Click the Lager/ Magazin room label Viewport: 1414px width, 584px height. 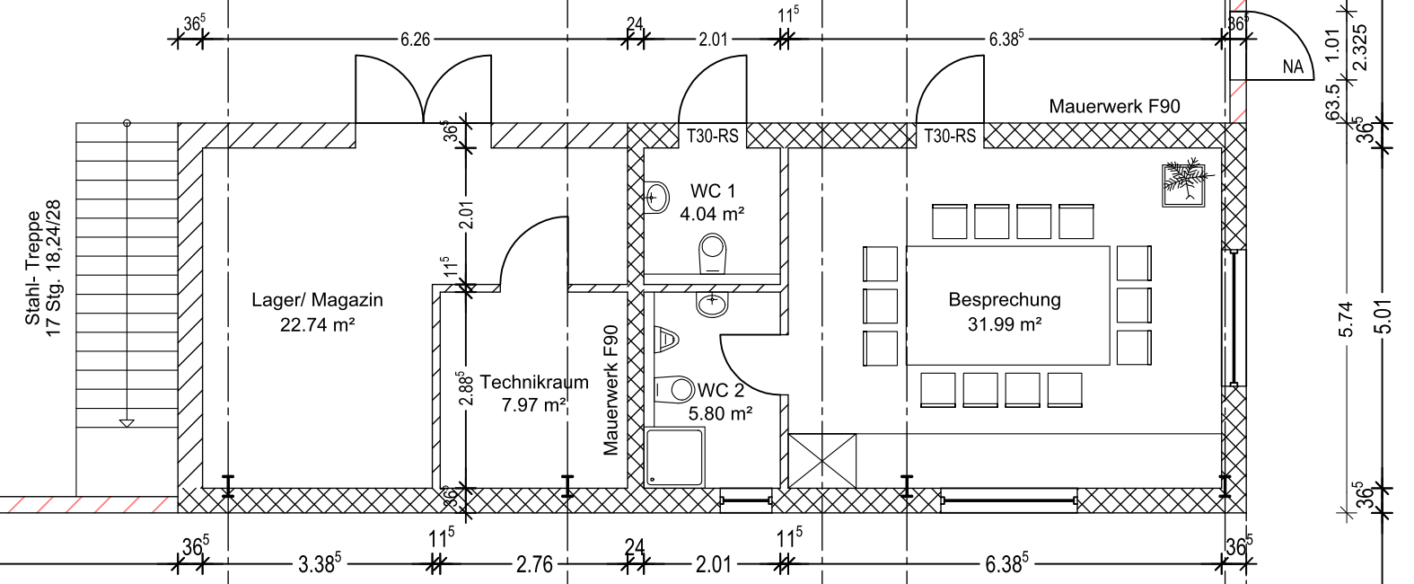317,300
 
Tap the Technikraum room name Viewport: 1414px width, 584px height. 533,382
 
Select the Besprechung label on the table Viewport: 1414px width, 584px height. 1004,300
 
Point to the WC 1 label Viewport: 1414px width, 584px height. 712,191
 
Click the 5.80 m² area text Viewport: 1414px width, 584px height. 720,414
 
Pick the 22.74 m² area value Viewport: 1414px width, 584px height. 317,324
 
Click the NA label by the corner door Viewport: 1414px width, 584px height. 1292,66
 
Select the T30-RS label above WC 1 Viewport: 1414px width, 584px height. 712,137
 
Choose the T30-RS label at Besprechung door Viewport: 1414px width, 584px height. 950,137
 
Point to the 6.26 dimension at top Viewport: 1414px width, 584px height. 415,40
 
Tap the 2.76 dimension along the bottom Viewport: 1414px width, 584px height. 534,564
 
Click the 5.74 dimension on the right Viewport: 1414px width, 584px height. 1344,319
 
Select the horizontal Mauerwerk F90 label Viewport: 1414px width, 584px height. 1114,106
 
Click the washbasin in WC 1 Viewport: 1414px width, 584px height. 657,196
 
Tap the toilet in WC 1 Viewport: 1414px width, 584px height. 713,253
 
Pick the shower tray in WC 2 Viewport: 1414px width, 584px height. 675,456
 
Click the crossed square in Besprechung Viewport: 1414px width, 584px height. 822,461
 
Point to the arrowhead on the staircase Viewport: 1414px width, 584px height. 127,422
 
